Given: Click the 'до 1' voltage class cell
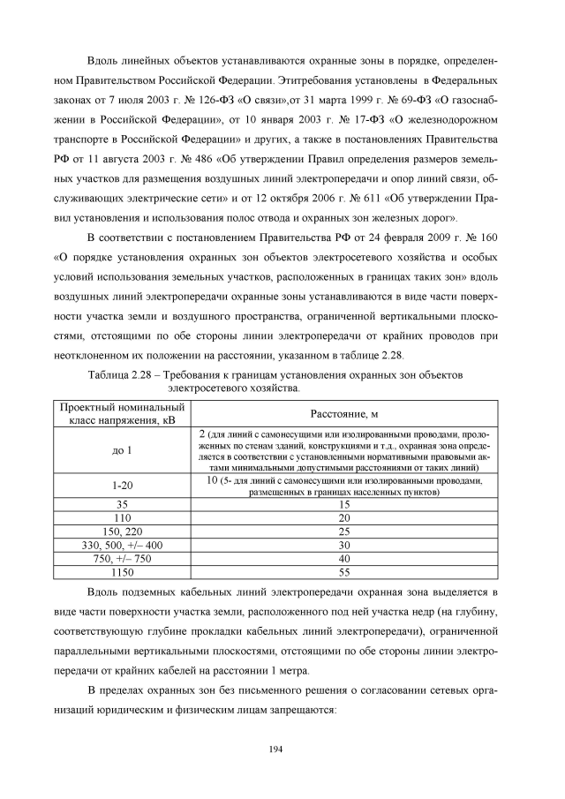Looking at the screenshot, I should point(122,451).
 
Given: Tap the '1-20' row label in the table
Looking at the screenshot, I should point(122,486).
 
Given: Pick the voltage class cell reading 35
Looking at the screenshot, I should point(122,503).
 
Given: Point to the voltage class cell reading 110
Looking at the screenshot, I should point(122,517).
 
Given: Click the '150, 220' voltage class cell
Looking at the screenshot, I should point(122,531).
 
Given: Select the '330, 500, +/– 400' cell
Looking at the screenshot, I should point(122,546).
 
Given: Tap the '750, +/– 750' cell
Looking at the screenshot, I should point(122,560).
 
